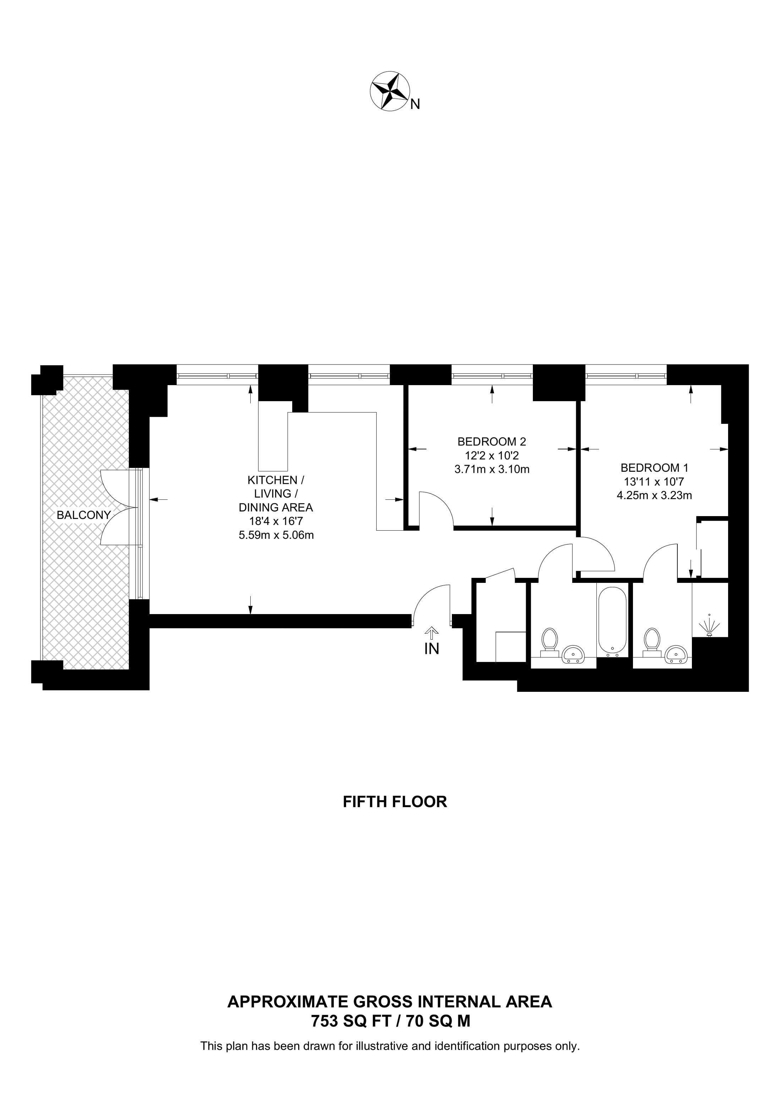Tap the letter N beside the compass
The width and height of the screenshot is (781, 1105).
coord(415,104)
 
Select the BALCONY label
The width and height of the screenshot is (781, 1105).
coord(84,515)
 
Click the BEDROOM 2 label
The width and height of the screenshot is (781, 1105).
coord(492,441)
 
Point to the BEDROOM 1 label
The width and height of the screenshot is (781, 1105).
coord(654,467)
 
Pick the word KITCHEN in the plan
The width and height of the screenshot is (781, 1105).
coord(272,480)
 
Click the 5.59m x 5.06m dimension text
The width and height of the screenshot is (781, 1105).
coord(276,535)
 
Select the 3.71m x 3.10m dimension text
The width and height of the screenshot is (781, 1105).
coord(492,469)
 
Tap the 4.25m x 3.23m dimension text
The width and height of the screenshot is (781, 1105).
coord(654,495)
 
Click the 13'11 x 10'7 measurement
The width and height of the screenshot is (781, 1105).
coord(654,481)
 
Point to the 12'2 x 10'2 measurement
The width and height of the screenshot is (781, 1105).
coord(492,455)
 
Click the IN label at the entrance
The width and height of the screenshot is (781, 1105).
coord(432,649)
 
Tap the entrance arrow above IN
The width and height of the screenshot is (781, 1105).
coord(432,633)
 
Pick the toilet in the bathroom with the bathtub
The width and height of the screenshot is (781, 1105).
coord(550,642)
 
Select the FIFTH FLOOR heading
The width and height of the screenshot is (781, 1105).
coord(395,802)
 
